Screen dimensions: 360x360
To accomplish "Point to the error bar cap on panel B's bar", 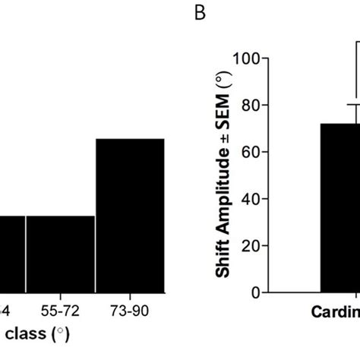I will coord(353,104).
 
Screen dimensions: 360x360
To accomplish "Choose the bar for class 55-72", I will coord(61,254).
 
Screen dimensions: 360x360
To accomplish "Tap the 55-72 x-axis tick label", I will coord(61,311).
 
